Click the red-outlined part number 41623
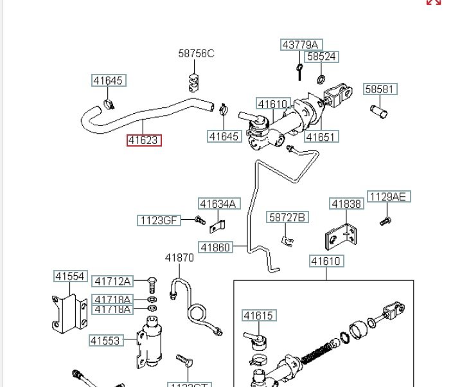(144, 139)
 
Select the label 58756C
(196, 53)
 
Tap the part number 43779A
(301, 44)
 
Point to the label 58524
(321, 57)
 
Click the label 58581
(380, 89)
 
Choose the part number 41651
(321, 136)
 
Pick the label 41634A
(218, 204)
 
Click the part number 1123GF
(158, 220)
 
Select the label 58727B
(288, 217)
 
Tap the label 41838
(346, 204)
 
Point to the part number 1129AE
(388, 197)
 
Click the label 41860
(215, 247)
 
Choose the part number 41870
(179, 257)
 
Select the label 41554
(69, 276)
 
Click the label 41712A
(112, 281)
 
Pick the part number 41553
(105, 341)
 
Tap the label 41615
(258, 315)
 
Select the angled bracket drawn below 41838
(344, 236)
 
